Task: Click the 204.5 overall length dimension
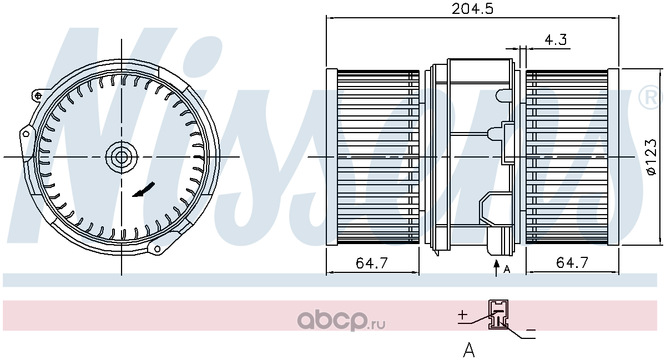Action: point(472,9)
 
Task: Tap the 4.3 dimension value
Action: point(556,39)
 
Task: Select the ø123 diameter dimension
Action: point(651,156)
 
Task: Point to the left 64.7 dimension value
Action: point(372,263)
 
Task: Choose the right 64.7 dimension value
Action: point(572,262)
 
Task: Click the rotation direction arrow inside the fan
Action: point(143,189)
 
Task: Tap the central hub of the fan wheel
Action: point(122,157)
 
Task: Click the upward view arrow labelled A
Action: point(496,268)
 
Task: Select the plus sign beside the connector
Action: point(462,315)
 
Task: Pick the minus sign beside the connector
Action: point(531,330)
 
